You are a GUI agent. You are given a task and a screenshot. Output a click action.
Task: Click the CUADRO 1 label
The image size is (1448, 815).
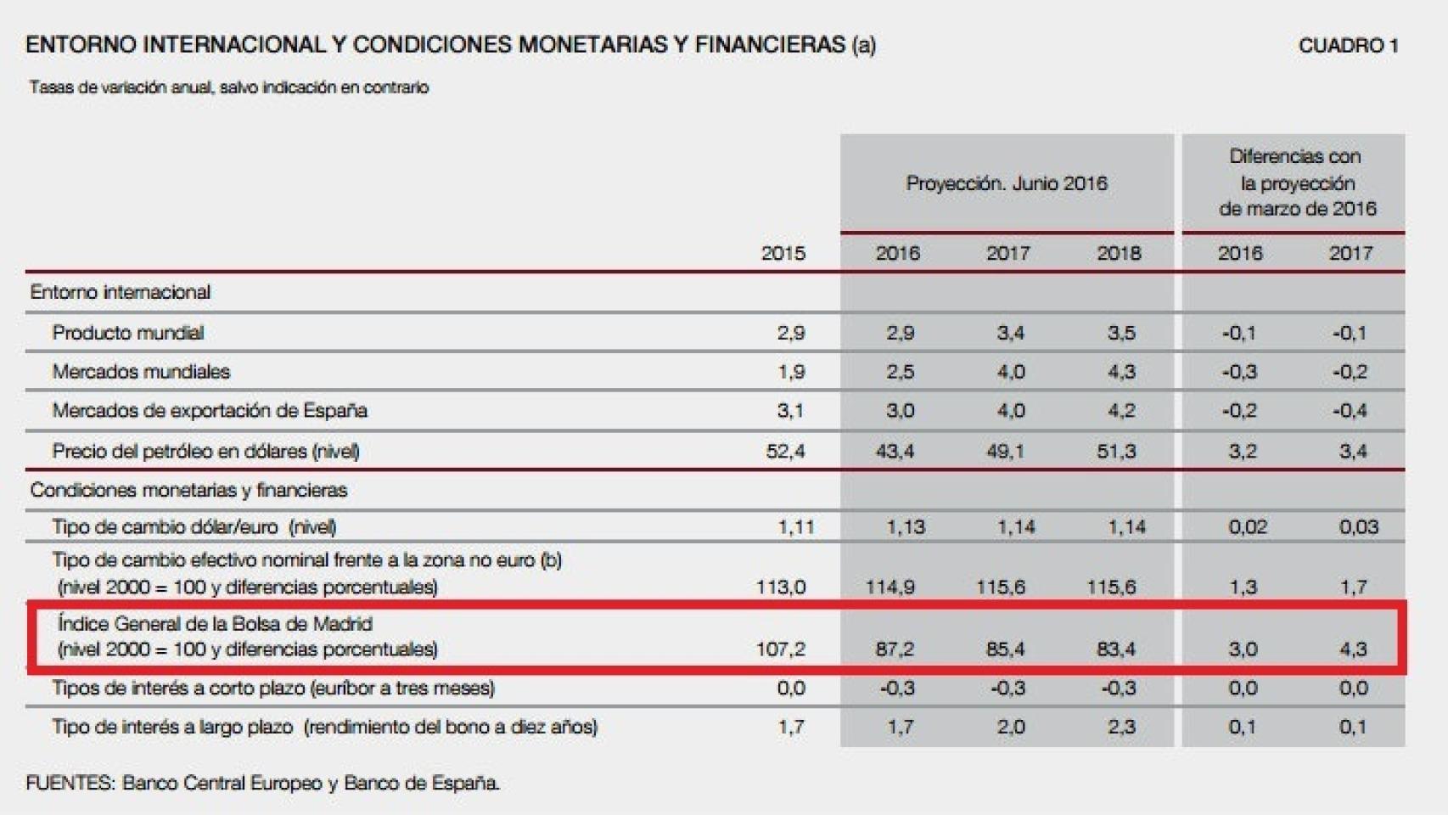pyautogui.click(x=1347, y=46)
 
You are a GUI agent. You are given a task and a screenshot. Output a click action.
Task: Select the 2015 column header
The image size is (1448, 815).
pyautogui.click(x=783, y=253)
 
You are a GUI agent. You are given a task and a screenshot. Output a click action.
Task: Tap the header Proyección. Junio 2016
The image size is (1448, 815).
pyautogui.click(x=1006, y=183)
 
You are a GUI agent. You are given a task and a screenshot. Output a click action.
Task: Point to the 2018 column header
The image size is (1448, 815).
pyautogui.click(x=1118, y=253)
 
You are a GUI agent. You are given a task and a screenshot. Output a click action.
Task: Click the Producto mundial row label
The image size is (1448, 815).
pyautogui.click(x=128, y=333)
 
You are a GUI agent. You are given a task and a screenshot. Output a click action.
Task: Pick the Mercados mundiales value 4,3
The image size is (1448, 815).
pyautogui.click(x=1120, y=372)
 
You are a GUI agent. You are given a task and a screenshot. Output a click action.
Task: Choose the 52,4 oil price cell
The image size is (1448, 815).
pyautogui.click(x=785, y=451)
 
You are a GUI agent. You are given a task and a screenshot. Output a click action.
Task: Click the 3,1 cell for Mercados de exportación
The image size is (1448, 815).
pyautogui.click(x=789, y=411)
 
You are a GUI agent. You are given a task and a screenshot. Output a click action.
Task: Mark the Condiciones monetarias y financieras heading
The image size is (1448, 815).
pyautogui.click(x=188, y=490)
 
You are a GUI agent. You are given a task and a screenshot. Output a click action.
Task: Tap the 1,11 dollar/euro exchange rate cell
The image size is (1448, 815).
pyautogui.click(x=795, y=527)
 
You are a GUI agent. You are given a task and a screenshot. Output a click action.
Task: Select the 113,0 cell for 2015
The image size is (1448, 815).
pyautogui.click(x=781, y=587)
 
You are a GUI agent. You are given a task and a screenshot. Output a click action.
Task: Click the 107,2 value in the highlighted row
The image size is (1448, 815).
pyautogui.click(x=781, y=649)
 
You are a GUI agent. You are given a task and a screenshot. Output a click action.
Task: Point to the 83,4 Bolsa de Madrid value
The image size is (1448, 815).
pyautogui.click(x=1116, y=649)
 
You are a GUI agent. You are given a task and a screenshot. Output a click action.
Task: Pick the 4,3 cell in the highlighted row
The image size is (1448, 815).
pyautogui.click(x=1352, y=649)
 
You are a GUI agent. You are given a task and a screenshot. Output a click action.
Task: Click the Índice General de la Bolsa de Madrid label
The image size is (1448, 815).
pyautogui.click(x=215, y=624)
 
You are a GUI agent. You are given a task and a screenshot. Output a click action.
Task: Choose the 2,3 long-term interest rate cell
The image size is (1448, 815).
pyautogui.click(x=1120, y=728)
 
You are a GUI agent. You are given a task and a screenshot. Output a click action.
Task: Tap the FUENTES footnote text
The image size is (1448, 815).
pyautogui.click(x=262, y=783)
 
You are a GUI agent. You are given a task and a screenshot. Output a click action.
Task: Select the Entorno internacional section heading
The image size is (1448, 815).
pyautogui.click(x=121, y=292)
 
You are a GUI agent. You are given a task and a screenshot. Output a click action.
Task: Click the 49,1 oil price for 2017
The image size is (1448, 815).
pyautogui.click(x=1005, y=451)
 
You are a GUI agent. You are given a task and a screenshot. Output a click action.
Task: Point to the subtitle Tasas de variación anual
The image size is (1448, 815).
pyautogui.click(x=228, y=87)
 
